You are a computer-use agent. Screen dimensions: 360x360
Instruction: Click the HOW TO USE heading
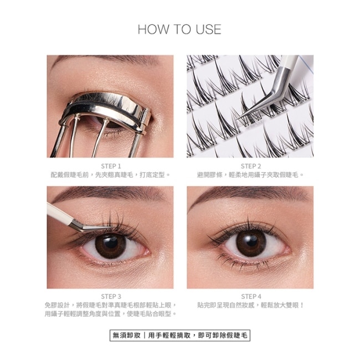click(x=179, y=29)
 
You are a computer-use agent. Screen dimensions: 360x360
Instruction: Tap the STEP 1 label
click(x=111, y=166)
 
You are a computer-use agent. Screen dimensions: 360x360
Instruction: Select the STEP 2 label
click(x=251, y=166)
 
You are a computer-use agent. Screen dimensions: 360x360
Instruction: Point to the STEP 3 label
click(x=111, y=296)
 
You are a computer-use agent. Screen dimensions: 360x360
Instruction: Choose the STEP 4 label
click(x=251, y=296)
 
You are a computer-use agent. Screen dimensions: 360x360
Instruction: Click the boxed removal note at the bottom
click(x=180, y=336)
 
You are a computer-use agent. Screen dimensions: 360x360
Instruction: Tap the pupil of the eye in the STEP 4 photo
click(x=251, y=241)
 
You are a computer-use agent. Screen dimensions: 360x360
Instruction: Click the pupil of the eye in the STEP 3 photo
click(x=111, y=243)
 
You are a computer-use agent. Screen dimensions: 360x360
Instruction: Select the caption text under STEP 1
click(x=111, y=175)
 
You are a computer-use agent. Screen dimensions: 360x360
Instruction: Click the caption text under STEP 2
click(x=251, y=175)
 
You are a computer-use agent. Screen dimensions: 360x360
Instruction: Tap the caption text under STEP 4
click(x=251, y=305)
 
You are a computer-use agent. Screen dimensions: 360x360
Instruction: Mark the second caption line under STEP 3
click(x=111, y=313)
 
